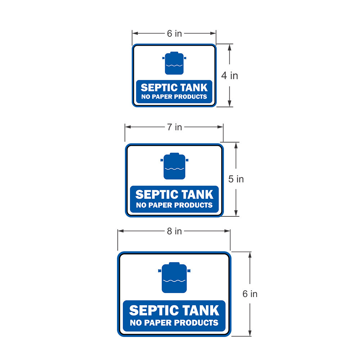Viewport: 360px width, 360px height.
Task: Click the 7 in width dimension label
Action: click(x=174, y=127)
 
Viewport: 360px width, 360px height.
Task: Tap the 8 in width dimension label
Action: click(x=174, y=231)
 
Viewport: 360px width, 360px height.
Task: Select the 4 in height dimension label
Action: click(x=229, y=76)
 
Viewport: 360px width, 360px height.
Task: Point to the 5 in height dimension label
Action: click(x=236, y=179)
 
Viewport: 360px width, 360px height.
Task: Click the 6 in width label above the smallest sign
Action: click(x=174, y=33)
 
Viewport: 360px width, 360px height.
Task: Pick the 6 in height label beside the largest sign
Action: click(x=250, y=294)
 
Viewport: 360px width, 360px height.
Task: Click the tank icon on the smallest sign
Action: click(x=174, y=63)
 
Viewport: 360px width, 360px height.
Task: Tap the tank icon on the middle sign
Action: click(x=174, y=166)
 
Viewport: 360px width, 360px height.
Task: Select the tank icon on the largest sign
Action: click(x=174, y=278)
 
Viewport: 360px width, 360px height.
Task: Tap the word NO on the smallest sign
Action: click(x=145, y=96)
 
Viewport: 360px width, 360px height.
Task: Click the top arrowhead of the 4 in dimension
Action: click(x=229, y=47)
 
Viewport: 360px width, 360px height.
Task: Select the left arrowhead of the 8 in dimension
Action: click(x=121, y=231)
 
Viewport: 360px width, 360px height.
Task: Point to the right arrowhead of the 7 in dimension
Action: click(x=220, y=127)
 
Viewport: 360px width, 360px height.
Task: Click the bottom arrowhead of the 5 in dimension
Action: click(x=236, y=213)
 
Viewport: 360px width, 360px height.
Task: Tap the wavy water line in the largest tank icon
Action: click(x=174, y=280)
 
